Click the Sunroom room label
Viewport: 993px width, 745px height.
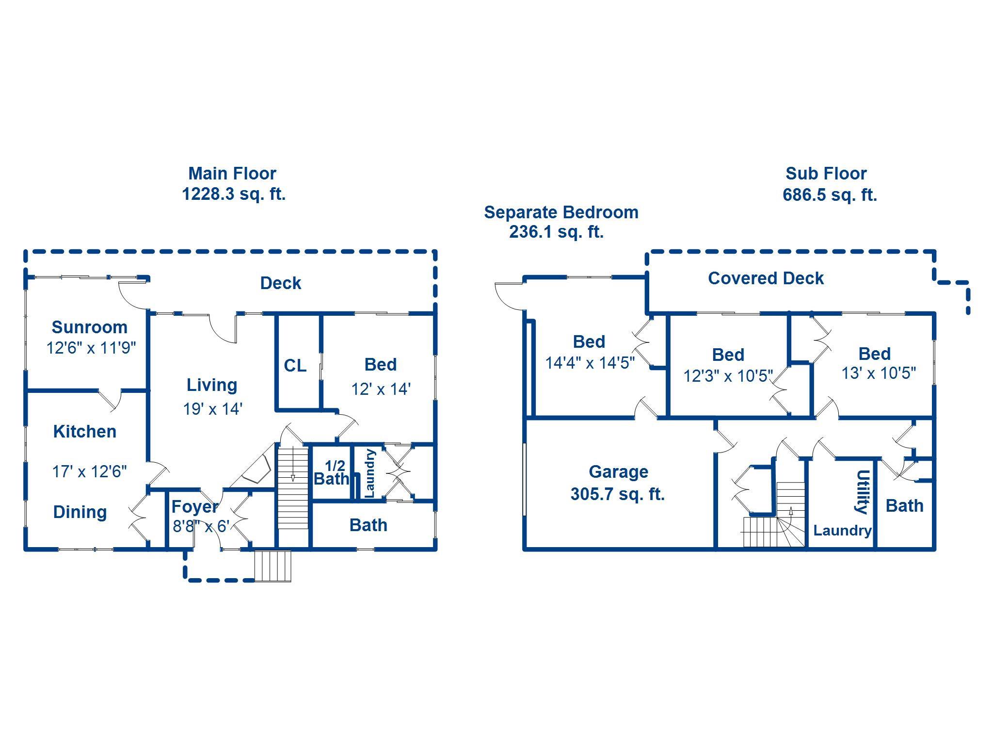[x=89, y=327]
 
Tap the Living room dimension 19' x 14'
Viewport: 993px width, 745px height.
[x=212, y=409]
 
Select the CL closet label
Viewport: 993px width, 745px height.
[x=295, y=366]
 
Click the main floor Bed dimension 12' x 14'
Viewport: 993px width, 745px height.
[x=381, y=389]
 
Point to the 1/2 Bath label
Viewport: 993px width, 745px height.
[x=331, y=473]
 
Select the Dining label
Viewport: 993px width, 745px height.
[x=80, y=512]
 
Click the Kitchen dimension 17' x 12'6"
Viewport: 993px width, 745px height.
[x=89, y=471]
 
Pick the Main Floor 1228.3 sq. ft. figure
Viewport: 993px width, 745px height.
[x=234, y=194]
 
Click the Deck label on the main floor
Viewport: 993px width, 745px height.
[x=280, y=283]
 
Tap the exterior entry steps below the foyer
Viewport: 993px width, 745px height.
[x=273, y=566]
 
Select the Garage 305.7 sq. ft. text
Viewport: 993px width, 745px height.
[x=618, y=494]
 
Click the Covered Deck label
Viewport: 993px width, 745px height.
[x=766, y=278]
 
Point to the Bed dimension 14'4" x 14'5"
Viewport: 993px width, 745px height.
[x=590, y=363]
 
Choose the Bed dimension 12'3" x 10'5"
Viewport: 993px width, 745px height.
[x=728, y=376]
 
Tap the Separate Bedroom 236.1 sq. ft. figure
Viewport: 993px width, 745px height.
[x=556, y=232]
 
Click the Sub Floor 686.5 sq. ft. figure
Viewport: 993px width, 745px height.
[x=830, y=195]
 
